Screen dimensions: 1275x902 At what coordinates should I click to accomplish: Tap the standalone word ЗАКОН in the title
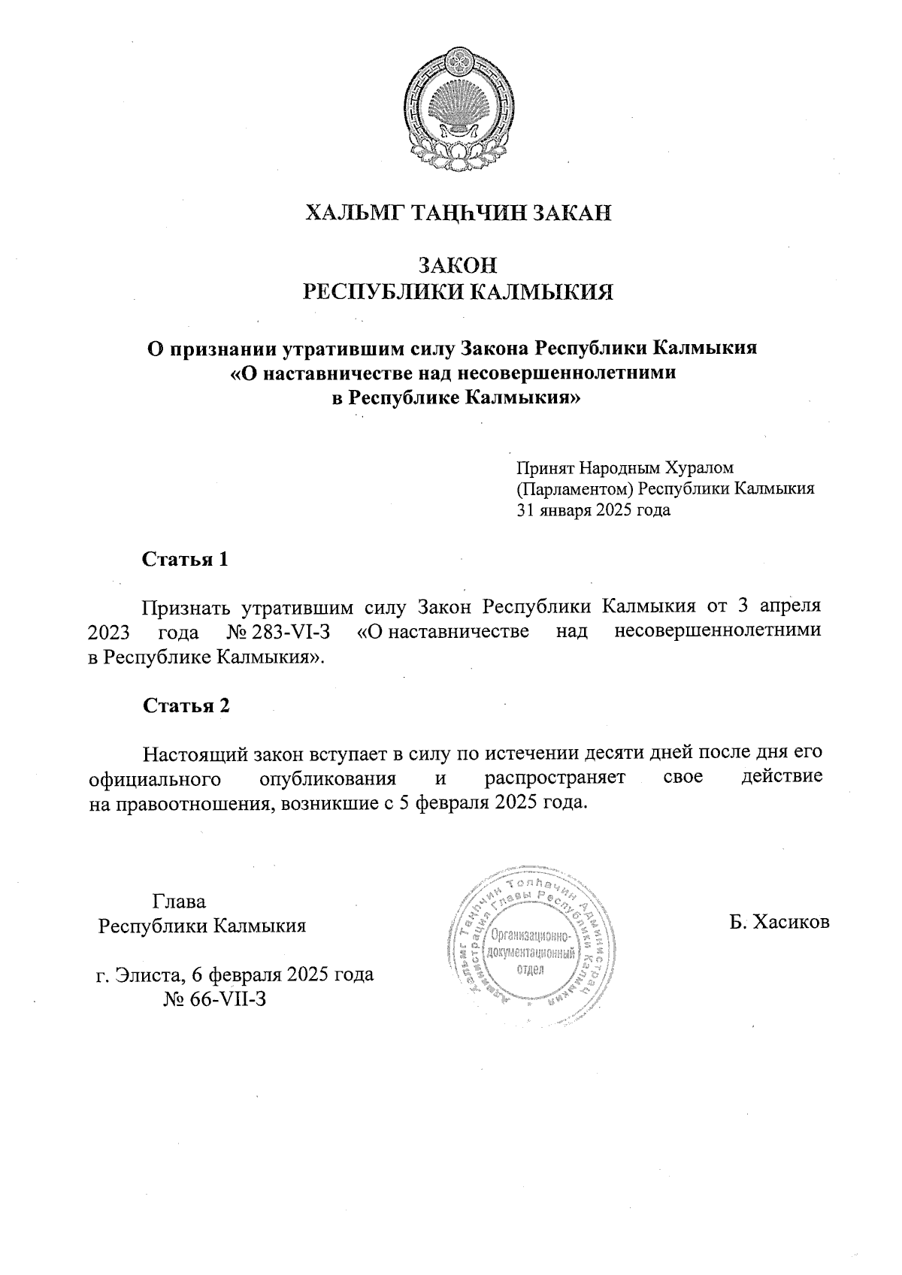point(458,265)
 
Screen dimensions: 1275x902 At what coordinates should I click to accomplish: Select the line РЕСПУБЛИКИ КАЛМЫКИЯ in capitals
point(458,292)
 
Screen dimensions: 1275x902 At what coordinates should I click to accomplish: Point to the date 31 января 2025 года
point(592,511)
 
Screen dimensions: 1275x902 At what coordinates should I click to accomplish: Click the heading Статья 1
point(185,560)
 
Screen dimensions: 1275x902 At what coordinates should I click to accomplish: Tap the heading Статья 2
point(186,705)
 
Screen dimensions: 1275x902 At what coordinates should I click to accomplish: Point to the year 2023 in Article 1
point(110,632)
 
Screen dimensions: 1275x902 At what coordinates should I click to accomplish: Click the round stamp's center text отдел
point(531,969)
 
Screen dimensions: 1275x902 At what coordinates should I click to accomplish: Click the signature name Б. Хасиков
point(779,922)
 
